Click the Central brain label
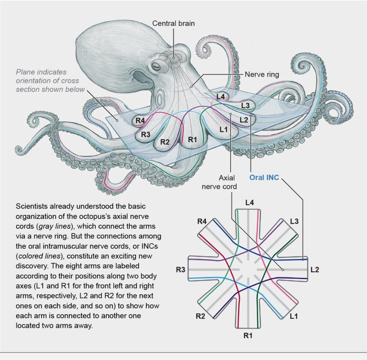point(173,23)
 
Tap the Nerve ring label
point(262,75)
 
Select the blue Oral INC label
point(264,178)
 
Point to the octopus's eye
point(156,66)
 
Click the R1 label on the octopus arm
point(192,139)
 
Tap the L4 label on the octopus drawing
point(220,97)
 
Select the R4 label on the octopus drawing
point(140,121)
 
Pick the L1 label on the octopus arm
point(224,130)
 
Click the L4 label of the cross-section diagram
point(250,203)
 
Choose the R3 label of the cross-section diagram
point(181,270)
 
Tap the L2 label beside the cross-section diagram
point(314,270)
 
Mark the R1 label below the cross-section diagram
point(248,336)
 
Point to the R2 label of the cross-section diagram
point(200,316)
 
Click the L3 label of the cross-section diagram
point(294,221)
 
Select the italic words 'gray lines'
point(54,226)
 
